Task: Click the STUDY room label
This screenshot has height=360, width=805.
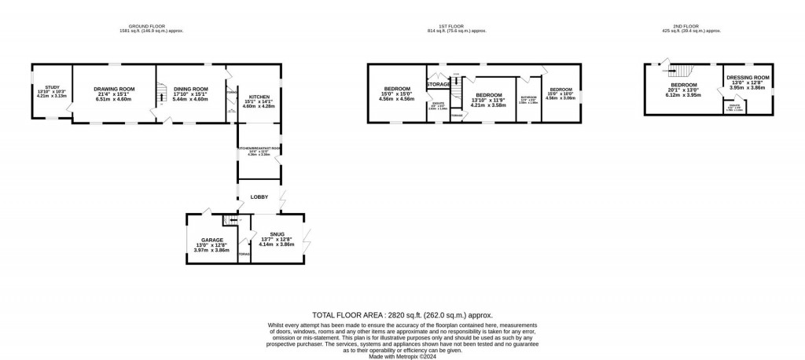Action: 53,87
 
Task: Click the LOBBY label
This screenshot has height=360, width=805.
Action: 259,197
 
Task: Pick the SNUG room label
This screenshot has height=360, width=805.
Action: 276,234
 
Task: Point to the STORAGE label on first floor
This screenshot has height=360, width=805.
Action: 439,84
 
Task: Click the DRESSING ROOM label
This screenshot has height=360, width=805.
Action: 748,77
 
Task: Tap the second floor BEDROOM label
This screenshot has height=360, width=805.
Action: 683,85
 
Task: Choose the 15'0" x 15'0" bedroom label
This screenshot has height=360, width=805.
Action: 397,88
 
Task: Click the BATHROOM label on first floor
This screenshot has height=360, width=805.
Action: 528,98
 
